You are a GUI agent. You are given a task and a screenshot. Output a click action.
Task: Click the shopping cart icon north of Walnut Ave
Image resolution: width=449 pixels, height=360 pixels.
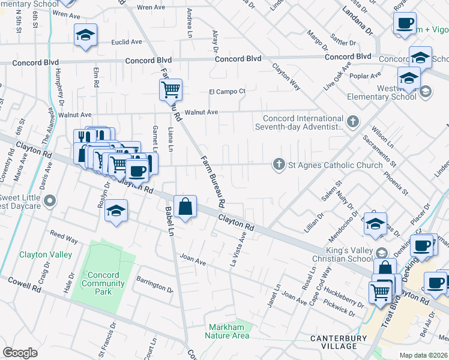(170, 90)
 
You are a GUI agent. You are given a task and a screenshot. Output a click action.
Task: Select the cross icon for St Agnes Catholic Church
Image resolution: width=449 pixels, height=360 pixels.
(279, 165)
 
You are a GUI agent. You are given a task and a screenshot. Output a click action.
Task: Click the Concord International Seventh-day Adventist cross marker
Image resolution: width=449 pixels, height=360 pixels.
(352, 122)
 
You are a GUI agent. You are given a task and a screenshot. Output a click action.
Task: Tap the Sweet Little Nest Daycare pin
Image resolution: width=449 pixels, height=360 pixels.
(50, 200)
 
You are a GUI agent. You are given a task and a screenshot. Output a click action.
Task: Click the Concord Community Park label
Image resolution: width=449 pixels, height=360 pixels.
(100, 283)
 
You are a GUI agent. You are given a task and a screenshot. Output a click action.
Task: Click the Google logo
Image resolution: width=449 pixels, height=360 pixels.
(20, 353)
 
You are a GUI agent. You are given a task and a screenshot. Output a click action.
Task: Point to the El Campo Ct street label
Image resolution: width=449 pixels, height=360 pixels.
(227, 91)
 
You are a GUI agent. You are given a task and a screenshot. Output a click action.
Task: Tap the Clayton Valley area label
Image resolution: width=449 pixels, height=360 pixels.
(46, 254)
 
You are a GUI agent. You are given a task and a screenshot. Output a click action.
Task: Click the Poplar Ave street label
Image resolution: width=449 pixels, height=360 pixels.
(369, 76)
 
